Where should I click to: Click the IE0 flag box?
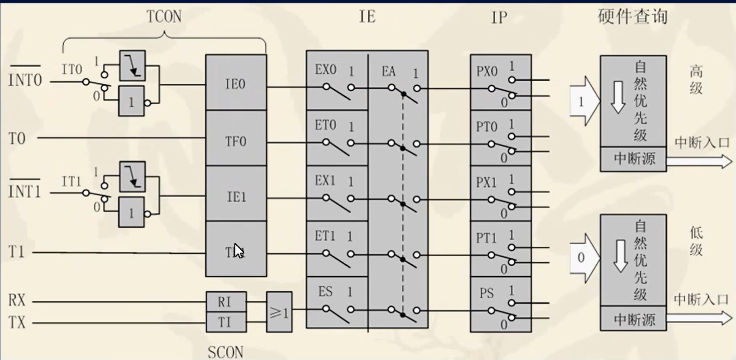[x=235, y=83]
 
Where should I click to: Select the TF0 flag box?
[x=235, y=141]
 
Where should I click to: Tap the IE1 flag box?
[x=235, y=197]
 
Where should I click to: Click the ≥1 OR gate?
[x=279, y=312]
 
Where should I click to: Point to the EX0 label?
[x=326, y=70]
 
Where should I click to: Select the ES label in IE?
[x=325, y=291]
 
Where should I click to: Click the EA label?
[x=388, y=72]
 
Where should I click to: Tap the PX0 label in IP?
[x=487, y=72]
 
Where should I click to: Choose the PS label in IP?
[x=486, y=293]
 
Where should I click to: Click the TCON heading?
[x=164, y=17]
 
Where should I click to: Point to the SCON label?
[x=225, y=352]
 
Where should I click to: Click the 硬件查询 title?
[x=633, y=16]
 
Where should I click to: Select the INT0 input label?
[x=25, y=80]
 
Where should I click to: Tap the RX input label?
[x=17, y=301]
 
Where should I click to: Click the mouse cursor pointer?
[x=238, y=251]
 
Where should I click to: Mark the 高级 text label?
[x=696, y=80]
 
